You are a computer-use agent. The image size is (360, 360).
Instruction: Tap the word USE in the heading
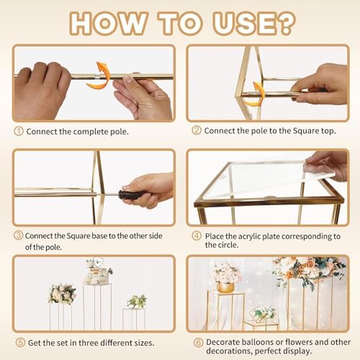242,24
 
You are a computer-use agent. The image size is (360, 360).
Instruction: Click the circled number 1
19,131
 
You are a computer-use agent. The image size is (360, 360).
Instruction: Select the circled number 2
197,130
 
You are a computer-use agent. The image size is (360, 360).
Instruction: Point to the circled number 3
19,235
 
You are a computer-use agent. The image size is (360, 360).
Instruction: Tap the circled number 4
197,235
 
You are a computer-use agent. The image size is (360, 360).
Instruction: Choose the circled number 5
20,342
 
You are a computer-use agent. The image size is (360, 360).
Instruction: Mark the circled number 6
199,342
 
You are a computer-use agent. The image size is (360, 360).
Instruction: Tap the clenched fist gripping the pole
41,90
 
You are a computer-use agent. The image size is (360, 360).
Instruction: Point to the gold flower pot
225,287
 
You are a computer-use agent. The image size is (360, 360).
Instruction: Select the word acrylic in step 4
249,236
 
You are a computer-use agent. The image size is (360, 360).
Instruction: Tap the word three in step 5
89,343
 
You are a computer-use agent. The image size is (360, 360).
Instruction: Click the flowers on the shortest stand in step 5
137,302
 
